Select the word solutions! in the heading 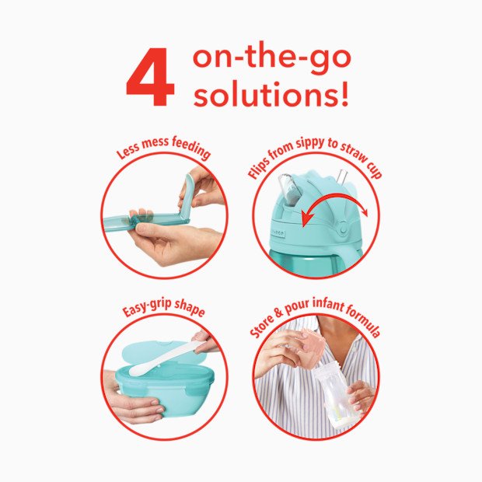(271, 97)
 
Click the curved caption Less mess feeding (163, 148)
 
